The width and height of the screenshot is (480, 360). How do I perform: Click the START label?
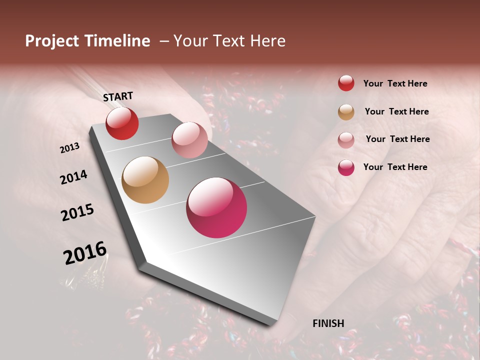pyautogui.click(x=118, y=96)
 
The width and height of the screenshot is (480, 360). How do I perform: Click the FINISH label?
pyautogui.click(x=328, y=323)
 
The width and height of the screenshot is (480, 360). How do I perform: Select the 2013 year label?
pyautogui.click(x=69, y=148)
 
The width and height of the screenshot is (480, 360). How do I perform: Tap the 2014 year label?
pyautogui.click(x=73, y=177)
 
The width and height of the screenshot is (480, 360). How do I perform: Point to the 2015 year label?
pyautogui.click(x=77, y=212)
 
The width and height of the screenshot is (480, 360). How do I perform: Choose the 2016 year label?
pyautogui.click(x=85, y=252)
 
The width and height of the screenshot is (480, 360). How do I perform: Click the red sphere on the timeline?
pyautogui.click(x=122, y=123)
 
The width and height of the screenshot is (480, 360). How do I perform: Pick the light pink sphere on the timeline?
pyautogui.click(x=189, y=140)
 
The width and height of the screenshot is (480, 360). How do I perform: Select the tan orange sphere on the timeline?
pyautogui.click(x=145, y=180)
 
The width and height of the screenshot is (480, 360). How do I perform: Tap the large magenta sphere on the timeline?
pyautogui.click(x=216, y=207)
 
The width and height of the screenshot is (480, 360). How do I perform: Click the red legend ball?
pyautogui.click(x=346, y=83)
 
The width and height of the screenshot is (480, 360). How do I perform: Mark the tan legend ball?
pyautogui.click(x=346, y=112)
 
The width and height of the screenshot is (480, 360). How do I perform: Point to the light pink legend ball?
pyautogui.click(x=346, y=140)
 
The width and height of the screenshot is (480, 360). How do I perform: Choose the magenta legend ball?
pyautogui.click(x=346, y=167)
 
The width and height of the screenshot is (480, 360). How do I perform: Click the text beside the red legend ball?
pyautogui.click(x=395, y=84)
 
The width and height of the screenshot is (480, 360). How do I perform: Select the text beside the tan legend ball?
pyautogui.click(x=396, y=111)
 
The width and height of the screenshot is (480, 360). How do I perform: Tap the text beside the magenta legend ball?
pyautogui.click(x=395, y=167)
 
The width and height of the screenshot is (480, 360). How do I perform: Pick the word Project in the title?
pyautogui.click(x=52, y=41)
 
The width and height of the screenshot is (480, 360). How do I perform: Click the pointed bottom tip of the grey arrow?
pyautogui.click(x=272, y=324)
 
